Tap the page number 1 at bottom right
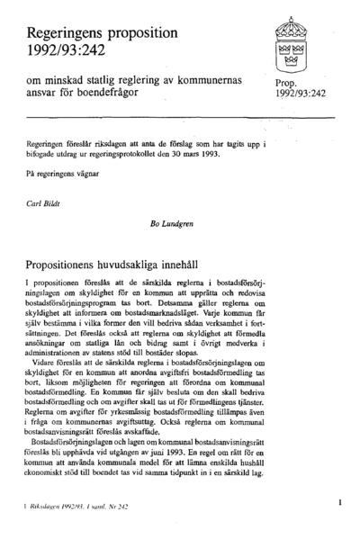340,502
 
